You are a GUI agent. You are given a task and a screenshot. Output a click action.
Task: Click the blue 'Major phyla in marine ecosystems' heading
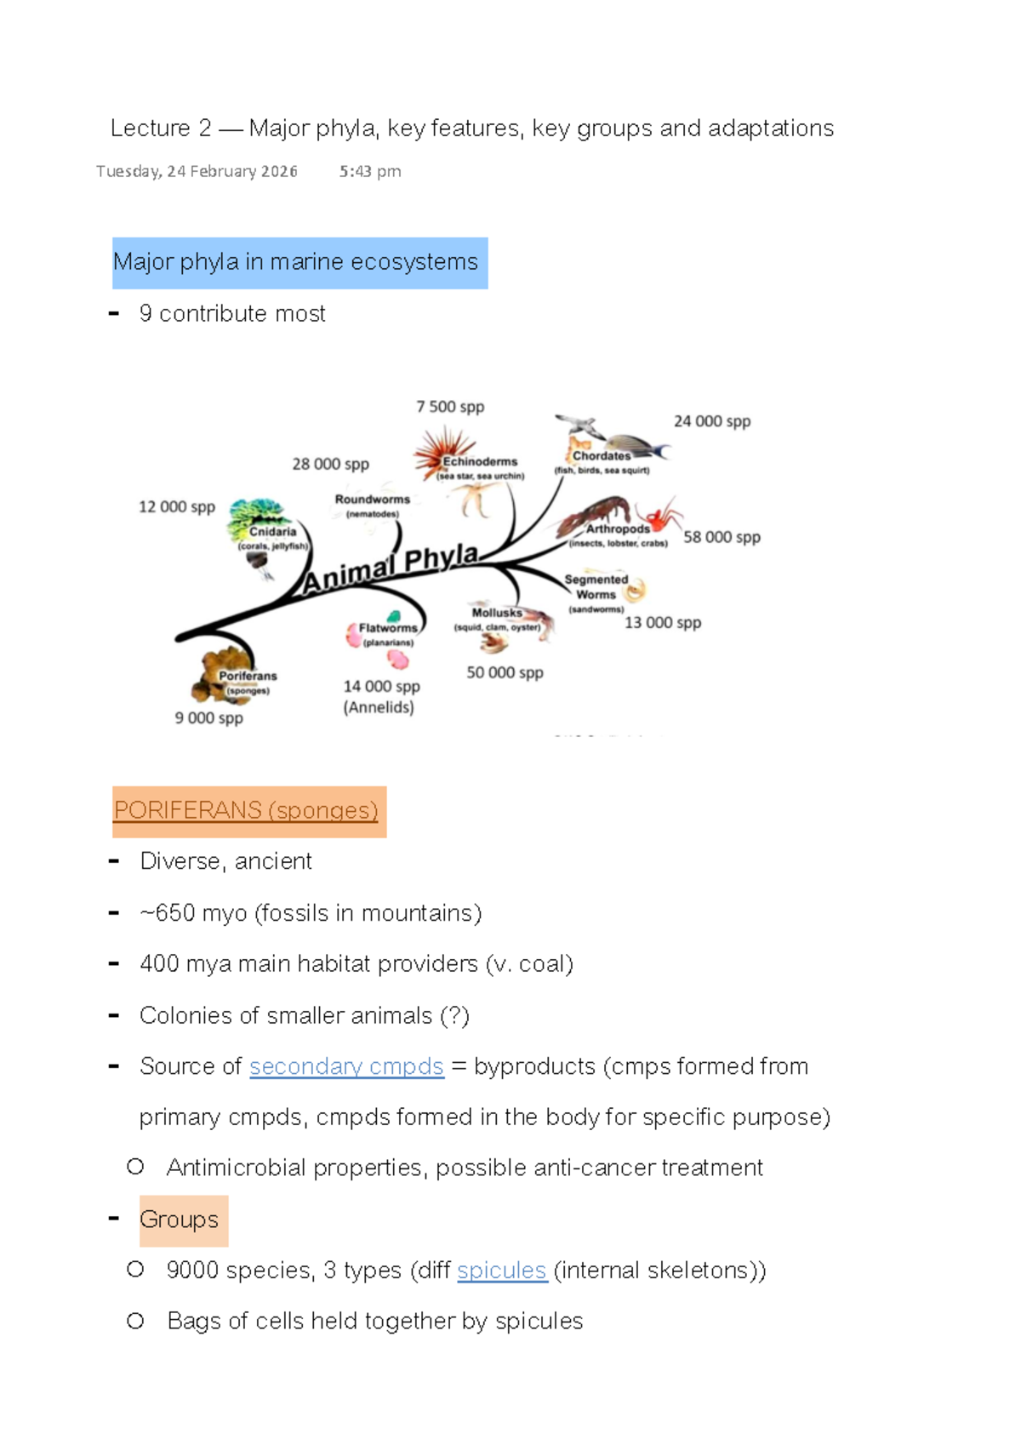pyautogui.click(x=295, y=262)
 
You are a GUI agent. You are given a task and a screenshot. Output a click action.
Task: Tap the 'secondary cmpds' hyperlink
pyautogui.click(x=346, y=1066)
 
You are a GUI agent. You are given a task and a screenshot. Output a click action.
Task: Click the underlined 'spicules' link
pyautogui.click(x=502, y=1271)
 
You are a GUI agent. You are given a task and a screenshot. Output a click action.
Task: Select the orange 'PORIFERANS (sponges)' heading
pyautogui.click(x=246, y=810)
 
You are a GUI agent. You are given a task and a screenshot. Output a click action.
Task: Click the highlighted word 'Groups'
pyautogui.click(x=180, y=1219)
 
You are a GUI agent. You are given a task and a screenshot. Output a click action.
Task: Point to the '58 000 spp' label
pyautogui.click(x=722, y=537)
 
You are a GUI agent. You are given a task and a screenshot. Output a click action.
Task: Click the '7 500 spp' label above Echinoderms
pyautogui.click(x=450, y=407)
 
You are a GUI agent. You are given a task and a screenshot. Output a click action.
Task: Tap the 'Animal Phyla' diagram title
pyautogui.click(x=391, y=568)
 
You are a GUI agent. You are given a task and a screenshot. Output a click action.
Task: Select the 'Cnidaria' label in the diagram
pyautogui.click(x=273, y=532)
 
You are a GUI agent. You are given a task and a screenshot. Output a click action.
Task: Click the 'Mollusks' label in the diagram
pyautogui.click(x=497, y=612)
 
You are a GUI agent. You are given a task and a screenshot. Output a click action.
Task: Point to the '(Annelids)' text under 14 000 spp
pyautogui.click(x=379, y=707)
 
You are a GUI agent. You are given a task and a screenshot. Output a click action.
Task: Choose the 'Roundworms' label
pyautogui.click(x=372, y=500)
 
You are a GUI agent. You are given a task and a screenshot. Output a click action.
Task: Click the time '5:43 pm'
pyautogui.click(x=370, y=172)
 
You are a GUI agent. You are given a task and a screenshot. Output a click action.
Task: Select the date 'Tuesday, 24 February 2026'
pyautogui.click(x=197, y=172)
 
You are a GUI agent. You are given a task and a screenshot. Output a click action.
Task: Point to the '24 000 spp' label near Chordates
pyautogui.click(x=712, y=421)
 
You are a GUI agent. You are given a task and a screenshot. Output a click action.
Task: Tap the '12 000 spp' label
pyautogui.click(x=177, y=507)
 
